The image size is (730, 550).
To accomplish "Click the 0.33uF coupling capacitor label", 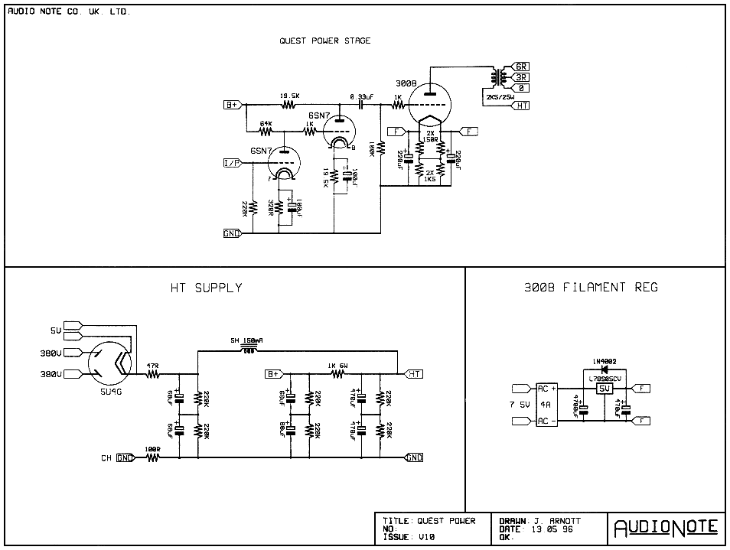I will pyautogui.click(x=361, y=96).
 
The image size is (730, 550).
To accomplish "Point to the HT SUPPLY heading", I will pyautogui.click(x=206, y=288).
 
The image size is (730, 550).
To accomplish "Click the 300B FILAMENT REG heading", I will pyautogui.click(x=591, y=288).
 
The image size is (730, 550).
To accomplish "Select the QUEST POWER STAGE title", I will pyautogui.click(x=324, y=41).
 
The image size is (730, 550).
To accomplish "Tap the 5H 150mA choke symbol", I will pyautogui.click(x=246, y=350).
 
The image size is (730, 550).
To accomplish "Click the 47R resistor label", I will pyautogui.click(x=153, y=366).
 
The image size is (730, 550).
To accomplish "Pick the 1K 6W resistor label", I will pyautogui.click(x=337, y=365).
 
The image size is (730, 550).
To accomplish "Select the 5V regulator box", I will pyautogui.click(x=604, y=389).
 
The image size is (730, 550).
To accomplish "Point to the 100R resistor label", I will pyautogui.click(x=152, y=449).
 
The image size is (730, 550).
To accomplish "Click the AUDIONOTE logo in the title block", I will pyautogui.click(x=667, y=527).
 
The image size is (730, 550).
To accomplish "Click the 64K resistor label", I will pyautogui.click(x=266, y=123).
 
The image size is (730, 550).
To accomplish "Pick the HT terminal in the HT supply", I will pyautogui.click(x=415, y=373).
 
